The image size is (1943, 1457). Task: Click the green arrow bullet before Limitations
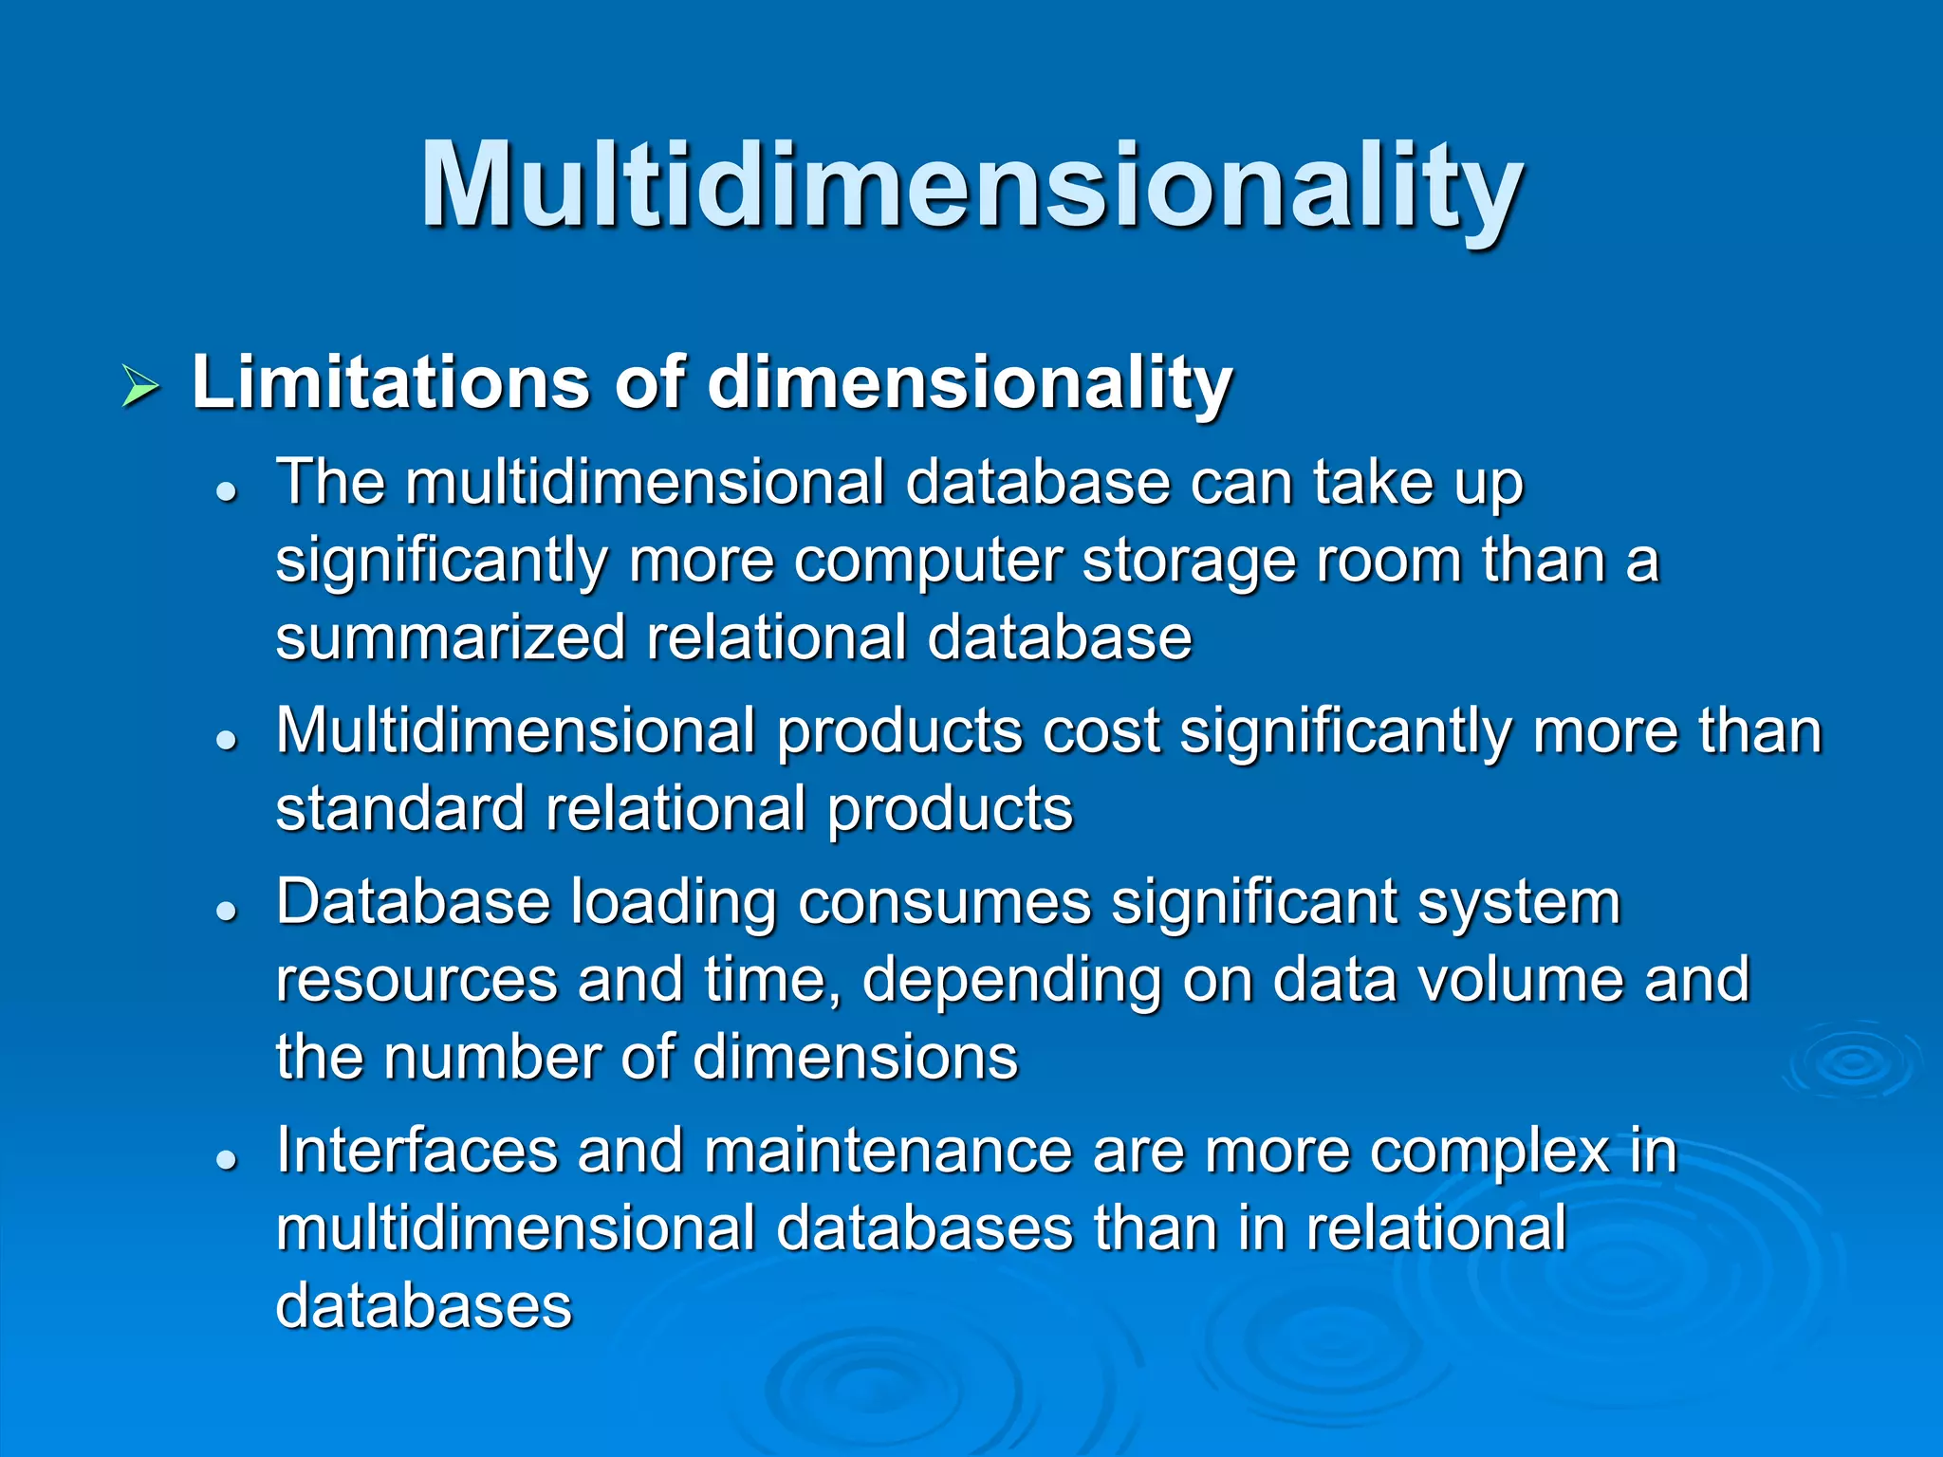click(140, 386)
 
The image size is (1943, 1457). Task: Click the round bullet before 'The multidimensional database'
click(226, 492)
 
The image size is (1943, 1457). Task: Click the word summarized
click(451, 636)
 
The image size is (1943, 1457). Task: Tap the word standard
click(400, 809)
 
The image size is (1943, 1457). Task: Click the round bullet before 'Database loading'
click(226, 912)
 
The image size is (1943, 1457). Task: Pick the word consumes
click(945, 902)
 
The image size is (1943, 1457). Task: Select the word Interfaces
click(416, 1151)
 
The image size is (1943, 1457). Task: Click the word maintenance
click(887, 1151)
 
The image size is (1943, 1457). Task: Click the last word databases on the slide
click(424, 1306)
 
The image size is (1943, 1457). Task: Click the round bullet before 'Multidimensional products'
click(226, 741)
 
